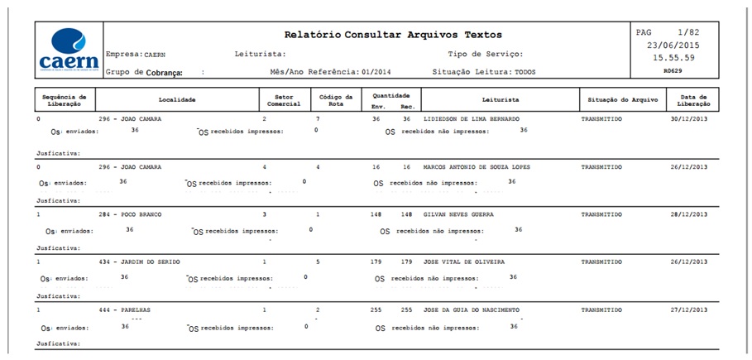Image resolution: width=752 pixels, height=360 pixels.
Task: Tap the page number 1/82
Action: point(687,32)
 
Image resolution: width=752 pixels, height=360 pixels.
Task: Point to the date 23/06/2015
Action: point(673,46)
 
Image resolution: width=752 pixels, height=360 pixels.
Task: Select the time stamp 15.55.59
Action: point(673,58)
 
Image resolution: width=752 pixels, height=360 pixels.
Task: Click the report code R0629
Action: point(674,72)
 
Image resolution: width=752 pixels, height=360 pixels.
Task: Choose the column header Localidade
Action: point(177,99)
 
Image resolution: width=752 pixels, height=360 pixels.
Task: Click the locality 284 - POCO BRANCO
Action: point(130,214)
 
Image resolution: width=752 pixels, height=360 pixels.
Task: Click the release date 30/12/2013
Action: point(689,119)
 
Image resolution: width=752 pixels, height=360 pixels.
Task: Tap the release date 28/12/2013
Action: point(689,214)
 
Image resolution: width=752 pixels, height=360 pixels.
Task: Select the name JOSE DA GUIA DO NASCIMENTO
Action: point(472,310)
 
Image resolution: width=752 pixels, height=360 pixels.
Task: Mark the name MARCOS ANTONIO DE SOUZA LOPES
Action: point(477,166)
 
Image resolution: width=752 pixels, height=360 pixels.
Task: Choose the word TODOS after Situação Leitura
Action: point(525,73)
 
